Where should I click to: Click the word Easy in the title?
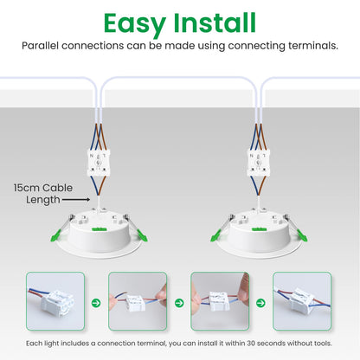[x=135, y=24]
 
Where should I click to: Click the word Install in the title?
[x=215, y=22]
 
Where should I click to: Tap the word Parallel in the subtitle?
[x=40, y=46]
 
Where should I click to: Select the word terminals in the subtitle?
[x=312, y=46]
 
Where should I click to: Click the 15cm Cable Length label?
[x=43, y=194]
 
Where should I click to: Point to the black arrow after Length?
[x=76, y=200]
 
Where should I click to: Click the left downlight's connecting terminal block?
[x=99, y=164]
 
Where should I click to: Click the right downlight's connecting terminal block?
[x=259, y=164]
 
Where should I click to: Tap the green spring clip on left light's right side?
[x=142, y=235]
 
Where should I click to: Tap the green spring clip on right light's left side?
[x=215, y=235]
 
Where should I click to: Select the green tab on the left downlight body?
[x=100, y=229]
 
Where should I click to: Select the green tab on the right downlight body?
[x=259, y=229]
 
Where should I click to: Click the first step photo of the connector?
[x=55, y=301]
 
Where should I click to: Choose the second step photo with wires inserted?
[x=138, y=301]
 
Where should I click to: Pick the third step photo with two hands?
[x=220, y=301]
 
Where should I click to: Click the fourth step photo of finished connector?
[x=302, y=301]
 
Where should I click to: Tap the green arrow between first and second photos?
[x=96, y=303]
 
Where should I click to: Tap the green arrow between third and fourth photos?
[x=260, y=303]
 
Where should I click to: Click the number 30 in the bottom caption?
[x=252, y=344]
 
